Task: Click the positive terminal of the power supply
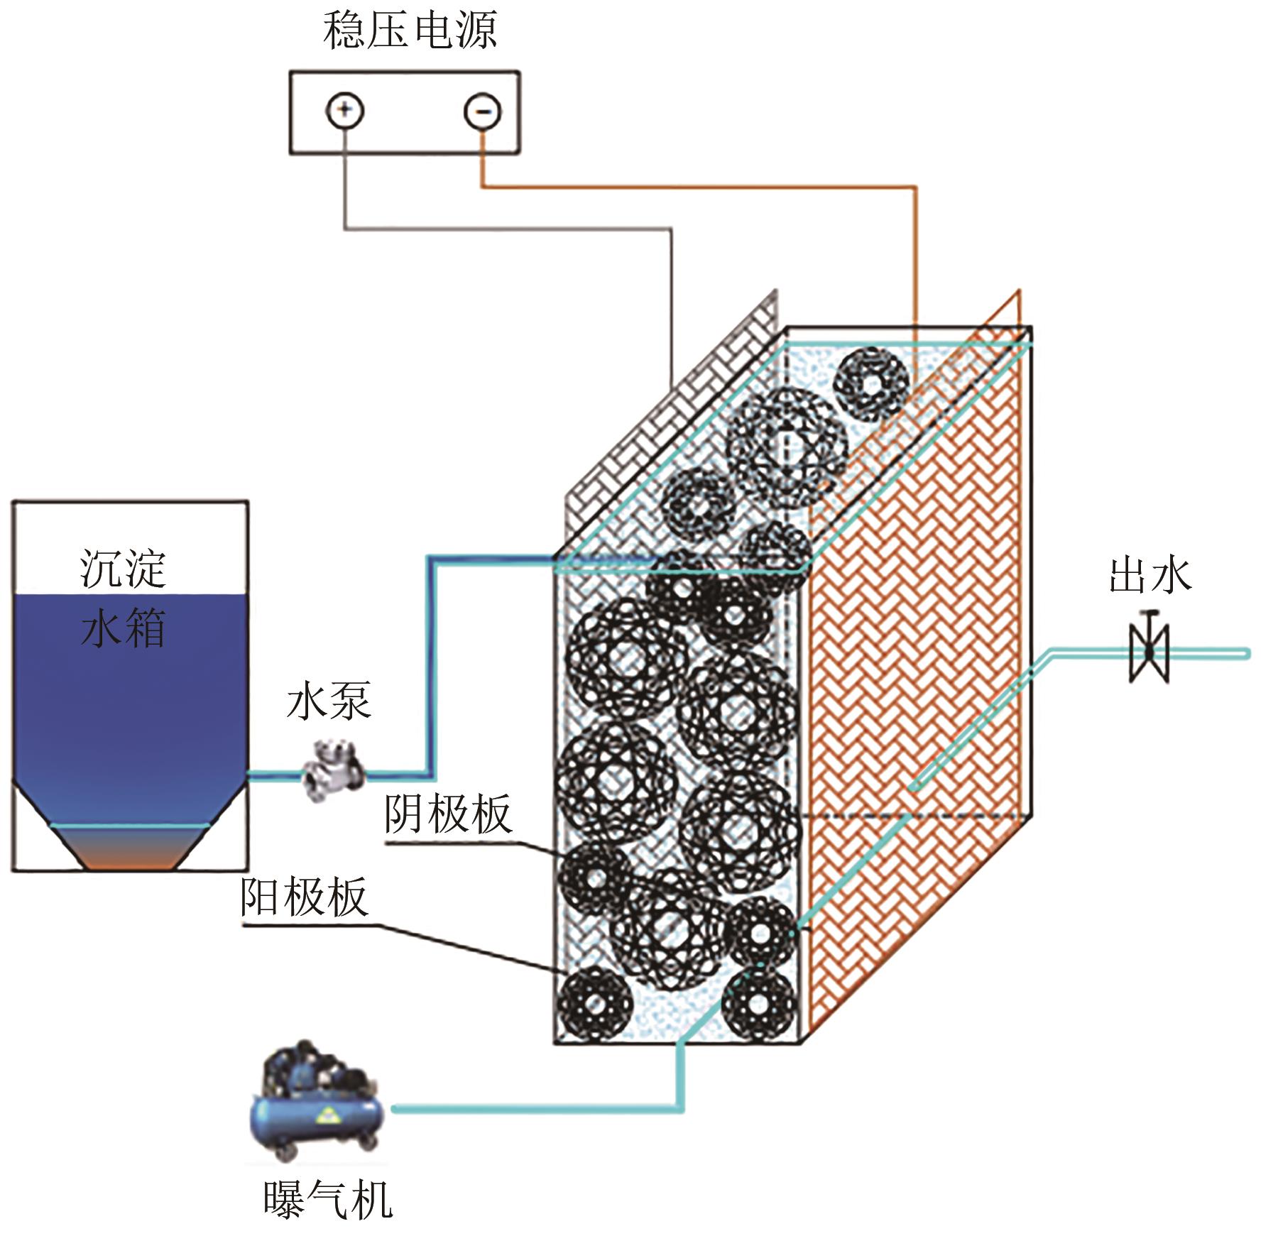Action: [344, 111]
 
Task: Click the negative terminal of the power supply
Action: [483, 111]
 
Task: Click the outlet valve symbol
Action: [1149, 652]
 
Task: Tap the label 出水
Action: [1150, 575]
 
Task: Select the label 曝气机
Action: [327, 1201]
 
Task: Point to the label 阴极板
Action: [447, 814]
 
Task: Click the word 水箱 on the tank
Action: [123, 628]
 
